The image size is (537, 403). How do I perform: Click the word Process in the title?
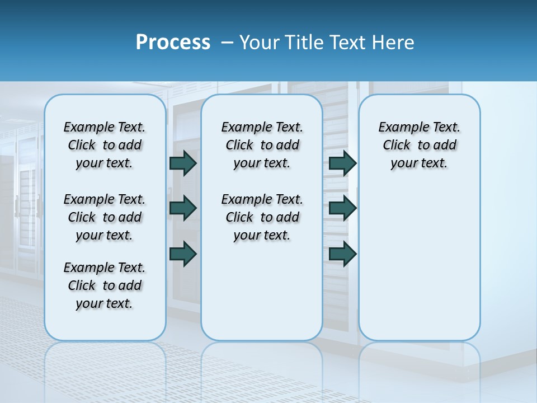173,43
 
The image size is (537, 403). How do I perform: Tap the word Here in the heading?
393,43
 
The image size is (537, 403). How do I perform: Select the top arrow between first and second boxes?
183,163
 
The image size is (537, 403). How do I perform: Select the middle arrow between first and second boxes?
183,208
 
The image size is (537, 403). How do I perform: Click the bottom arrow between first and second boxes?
183,254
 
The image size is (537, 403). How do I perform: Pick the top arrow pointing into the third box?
342,163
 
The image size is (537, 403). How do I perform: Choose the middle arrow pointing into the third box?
342,208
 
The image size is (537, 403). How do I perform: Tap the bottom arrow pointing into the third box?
342,254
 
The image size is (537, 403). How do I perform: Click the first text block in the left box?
105,145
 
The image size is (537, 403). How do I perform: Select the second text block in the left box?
105,217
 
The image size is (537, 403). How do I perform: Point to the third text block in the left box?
105,285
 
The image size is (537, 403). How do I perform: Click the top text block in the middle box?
262,145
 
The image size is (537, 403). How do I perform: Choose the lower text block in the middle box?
262,217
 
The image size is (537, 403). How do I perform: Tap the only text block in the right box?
419,145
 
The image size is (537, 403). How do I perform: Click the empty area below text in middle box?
262,291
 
